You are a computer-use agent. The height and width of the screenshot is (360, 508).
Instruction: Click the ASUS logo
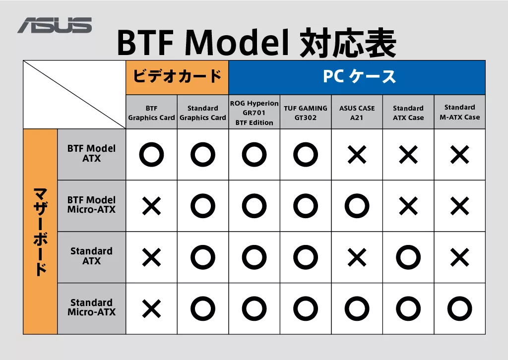55,25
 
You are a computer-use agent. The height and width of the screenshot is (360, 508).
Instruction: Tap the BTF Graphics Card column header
151,113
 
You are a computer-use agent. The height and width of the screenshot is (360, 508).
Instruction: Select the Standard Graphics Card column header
203,113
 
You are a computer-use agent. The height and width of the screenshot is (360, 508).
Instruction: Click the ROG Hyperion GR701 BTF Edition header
254,113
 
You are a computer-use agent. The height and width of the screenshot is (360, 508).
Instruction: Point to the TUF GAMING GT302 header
306,113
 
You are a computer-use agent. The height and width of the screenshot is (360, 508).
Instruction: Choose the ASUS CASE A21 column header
357,113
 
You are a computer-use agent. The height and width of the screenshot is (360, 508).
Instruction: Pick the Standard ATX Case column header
408,113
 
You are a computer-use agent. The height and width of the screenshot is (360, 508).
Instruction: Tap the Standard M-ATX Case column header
460,112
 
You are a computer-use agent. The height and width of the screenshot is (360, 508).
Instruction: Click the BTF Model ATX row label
91,153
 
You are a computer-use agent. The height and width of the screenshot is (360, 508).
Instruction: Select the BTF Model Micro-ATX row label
91,205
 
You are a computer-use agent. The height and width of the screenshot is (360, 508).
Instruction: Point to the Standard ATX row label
91,256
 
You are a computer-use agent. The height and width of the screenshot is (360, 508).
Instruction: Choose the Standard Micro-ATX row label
91,307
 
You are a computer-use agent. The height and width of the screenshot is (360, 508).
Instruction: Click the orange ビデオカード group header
177,77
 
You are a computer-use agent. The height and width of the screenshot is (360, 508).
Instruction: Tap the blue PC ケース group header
357,77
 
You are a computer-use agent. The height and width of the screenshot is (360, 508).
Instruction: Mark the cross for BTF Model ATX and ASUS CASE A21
357,155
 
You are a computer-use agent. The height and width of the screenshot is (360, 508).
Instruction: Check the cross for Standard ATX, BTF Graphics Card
152,258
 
